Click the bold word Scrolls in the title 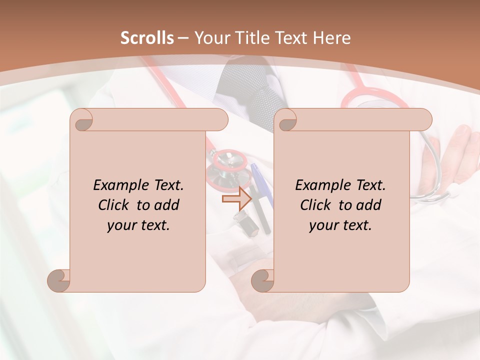(147, 38)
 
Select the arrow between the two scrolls (236, 199)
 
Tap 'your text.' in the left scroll (138, 225)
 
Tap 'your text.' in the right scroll (340, 225)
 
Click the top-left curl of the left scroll (82, 120)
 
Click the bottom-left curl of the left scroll (59, 280)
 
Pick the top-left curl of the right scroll (286, 120)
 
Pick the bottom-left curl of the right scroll (262, 280)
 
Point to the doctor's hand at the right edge (458, 150)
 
